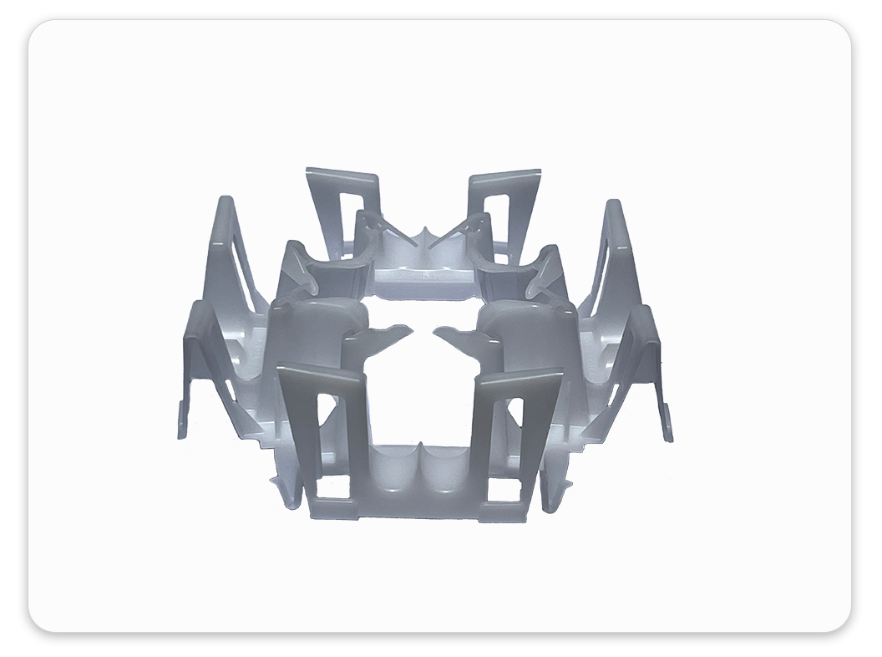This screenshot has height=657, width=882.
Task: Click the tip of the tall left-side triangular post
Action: (x=224, y=201)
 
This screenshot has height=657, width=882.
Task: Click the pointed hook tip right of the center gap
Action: (x=436, y=328)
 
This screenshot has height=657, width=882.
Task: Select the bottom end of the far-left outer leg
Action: (x=180, y=435)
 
